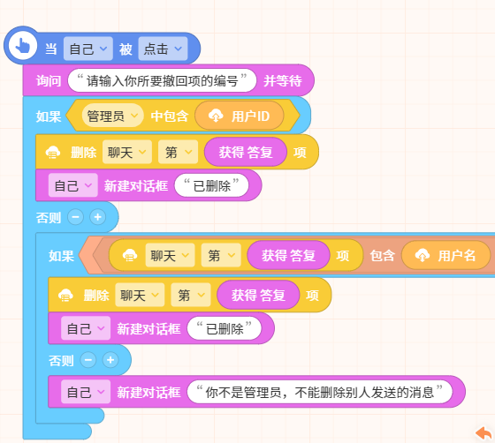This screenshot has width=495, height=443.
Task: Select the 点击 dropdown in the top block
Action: pyautogui.click(x=163, y=49)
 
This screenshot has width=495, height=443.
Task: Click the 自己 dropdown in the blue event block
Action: pyautogui.click(x=88, y=49)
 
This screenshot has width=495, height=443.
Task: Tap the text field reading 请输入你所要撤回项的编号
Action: pyautogui.click(x=162, y=81)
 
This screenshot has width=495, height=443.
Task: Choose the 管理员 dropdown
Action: pyautogui.click(x=113, y=116)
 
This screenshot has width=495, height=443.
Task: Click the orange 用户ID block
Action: pyautogui.click(x=240, y=116)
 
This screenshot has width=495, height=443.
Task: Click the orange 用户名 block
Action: pyautogui.click(x=445, y=256)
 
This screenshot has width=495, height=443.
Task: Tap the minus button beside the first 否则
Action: pyautogui.click(x=75, y=217)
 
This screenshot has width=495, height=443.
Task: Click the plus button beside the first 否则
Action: pyautogui.click(x=97, y=217)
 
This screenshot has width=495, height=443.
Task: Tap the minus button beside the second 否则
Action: pyautogui.click(x=88, y=360)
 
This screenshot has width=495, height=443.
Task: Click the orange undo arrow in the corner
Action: pyautogui.click(x=484, y=433)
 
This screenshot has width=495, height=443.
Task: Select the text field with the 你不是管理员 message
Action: pyautogui.click(x=320, y=393)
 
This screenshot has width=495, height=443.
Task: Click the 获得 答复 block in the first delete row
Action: pyautogui.click(x=246, y=153)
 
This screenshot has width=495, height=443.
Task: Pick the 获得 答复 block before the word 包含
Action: pyautogui.click(x=288, y=256)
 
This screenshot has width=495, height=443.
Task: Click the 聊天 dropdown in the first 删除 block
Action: pyautogui.click(x=127, y=153)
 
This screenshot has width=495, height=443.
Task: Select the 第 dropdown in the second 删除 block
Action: pyautogui.click(x=191, y=296)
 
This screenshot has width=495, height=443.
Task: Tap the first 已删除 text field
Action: pyautogui.click(x=211, y=185)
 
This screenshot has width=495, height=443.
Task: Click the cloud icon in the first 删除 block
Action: pyautogui.click(x=53, y=153)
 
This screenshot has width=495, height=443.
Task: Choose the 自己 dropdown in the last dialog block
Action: pyautogui.click(x=86, y=392)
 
